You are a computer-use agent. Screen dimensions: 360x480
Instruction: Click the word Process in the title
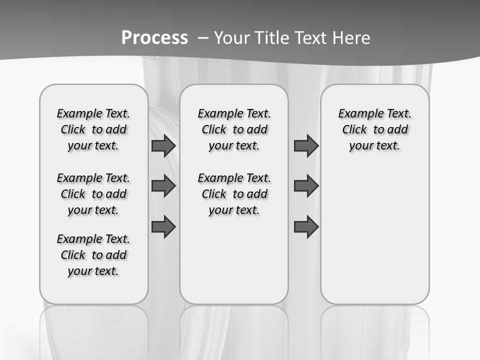(154, 37)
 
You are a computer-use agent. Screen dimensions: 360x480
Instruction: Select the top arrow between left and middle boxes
(163, 146)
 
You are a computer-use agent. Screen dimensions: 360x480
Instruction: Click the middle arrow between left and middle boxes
(163, 186)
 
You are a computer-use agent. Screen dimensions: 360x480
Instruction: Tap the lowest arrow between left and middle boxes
(163, 227)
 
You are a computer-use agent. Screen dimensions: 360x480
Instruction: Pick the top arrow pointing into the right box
(306, 146)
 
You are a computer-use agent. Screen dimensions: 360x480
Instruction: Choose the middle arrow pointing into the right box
(306, 186)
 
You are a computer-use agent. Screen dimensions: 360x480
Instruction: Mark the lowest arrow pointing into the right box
(306, 227)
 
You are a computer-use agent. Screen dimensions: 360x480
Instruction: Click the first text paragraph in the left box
(93, 129)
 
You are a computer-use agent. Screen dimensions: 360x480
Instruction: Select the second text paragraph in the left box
(93, 194)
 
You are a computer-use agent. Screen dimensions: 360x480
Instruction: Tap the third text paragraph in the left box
(93, 255)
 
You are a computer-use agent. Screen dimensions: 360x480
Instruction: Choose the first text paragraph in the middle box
(234, 129)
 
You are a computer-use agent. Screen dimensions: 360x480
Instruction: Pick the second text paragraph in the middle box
(234, 194)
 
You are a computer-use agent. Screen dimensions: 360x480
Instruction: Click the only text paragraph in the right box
(374, 129)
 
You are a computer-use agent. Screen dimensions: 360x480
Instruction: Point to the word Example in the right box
(357, 114)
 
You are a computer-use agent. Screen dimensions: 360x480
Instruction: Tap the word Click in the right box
(354, 130)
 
